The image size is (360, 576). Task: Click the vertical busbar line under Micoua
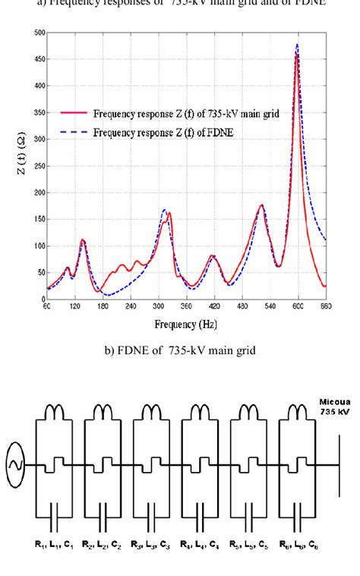coord(339,465)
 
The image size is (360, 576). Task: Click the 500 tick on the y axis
coord(38,33)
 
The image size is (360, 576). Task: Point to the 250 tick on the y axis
coord(38,166)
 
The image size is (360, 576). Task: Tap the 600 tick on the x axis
coord(298,306)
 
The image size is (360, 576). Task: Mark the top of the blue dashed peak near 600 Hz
coord(297,44)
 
